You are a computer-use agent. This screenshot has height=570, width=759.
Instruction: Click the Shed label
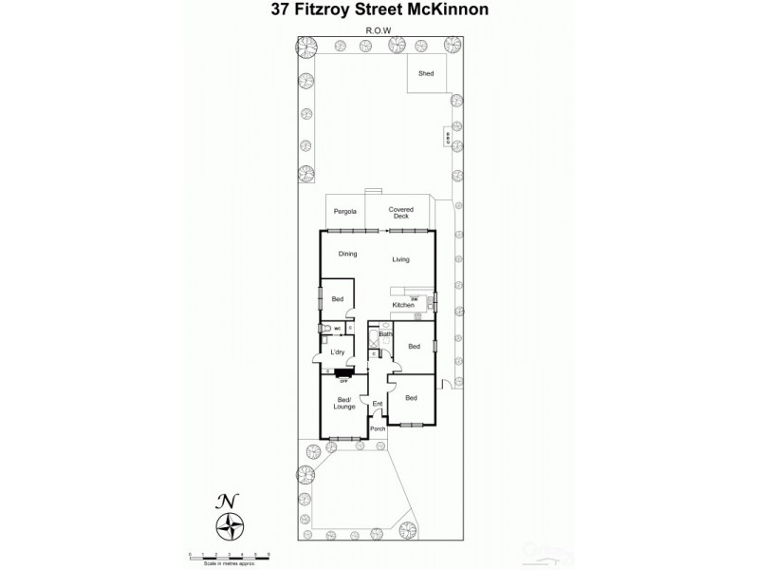[x=425, y=72]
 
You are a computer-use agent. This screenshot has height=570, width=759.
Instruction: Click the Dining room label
[x=347, y=254]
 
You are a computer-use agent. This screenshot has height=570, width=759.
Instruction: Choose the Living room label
[x=400, y=258]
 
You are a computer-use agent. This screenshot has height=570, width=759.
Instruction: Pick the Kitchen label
[x=403, y=305]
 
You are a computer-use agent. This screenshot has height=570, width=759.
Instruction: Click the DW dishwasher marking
[x=415, y=298]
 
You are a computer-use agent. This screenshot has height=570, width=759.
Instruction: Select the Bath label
[x=385, y=334]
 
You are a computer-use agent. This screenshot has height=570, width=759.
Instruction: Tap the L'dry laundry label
[x=337, y=353]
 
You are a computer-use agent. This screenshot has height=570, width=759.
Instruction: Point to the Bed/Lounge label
[x=343, y=403]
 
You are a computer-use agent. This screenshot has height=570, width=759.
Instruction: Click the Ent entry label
[x=377, y=404]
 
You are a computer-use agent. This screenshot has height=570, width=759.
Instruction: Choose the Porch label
[x=378, y=428]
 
